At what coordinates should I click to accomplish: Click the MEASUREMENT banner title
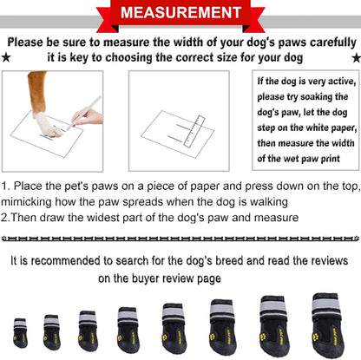180,14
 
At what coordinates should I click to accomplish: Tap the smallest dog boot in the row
20,332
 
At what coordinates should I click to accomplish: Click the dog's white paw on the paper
47,127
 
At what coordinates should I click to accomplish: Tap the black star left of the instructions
8,57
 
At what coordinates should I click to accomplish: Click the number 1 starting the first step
5,186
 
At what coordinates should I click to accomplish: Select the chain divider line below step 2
180,237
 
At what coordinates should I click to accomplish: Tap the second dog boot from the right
272,323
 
